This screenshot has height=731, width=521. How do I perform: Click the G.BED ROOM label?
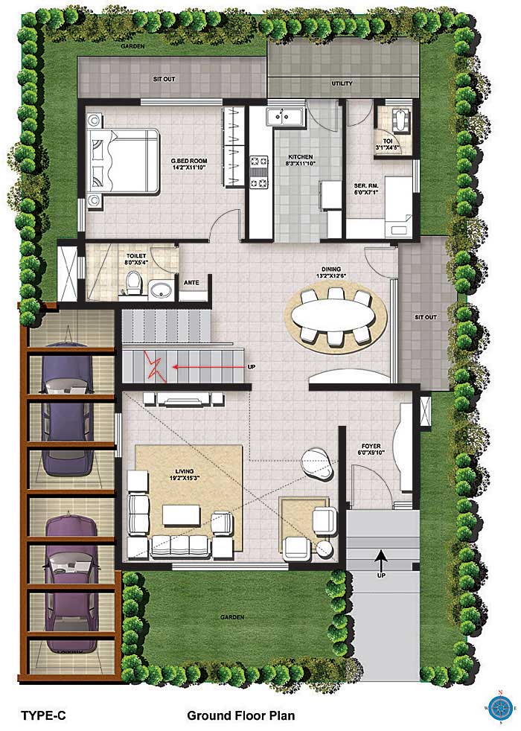tap(190, 161)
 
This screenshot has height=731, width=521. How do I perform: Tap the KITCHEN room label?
tap(301, 157)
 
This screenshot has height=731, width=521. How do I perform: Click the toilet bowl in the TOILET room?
tap(134, 284)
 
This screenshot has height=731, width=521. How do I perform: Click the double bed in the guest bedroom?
tap(123, 160)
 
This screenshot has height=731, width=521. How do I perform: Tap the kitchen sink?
tap(285, 116)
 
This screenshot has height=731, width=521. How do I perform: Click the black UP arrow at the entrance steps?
tap(381, 558)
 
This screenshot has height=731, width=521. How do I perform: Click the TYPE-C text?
tap(44, 715)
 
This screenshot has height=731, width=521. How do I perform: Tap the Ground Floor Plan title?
tap(241, 715)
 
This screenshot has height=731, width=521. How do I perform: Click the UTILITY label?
tap(342, 83)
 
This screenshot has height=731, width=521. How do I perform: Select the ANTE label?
tap(191, 283)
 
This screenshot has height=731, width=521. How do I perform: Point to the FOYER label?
tap(369, 446)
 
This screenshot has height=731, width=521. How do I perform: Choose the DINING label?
tap(331, 269)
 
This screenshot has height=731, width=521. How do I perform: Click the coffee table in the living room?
tap(182, 516)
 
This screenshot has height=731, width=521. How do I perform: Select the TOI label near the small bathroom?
tap(388, 141)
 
